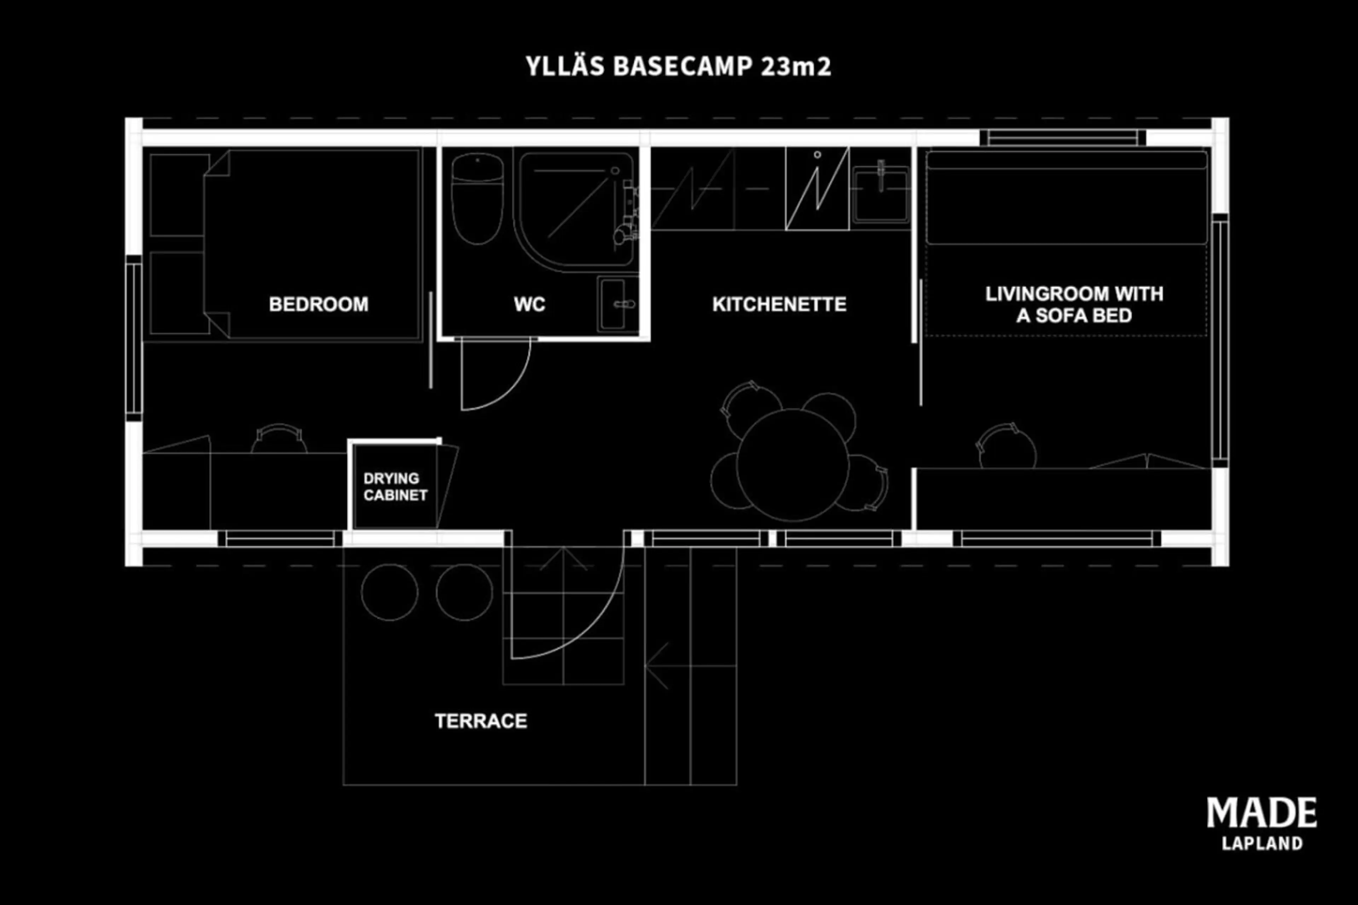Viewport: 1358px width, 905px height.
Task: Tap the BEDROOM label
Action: point(319,304)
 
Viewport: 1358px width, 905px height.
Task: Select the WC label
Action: point(529,304)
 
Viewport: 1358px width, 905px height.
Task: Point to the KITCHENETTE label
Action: point(779,304)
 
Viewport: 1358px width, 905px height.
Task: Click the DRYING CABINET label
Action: point(395,486)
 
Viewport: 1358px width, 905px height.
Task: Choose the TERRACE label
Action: point(481,721)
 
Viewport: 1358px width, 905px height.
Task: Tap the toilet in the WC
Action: point(477,199)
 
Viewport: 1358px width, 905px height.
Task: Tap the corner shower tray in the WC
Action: point(576,209)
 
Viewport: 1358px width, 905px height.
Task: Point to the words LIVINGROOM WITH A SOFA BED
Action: point(1074,304)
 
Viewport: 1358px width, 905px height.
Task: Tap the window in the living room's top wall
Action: point(1062,138)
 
